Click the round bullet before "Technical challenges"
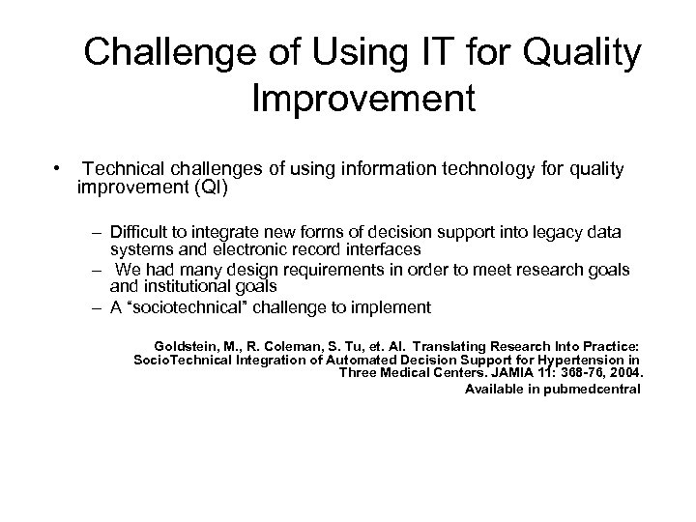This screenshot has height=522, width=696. tap(59, 170)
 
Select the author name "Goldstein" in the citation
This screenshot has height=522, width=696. tap(185, 344)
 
